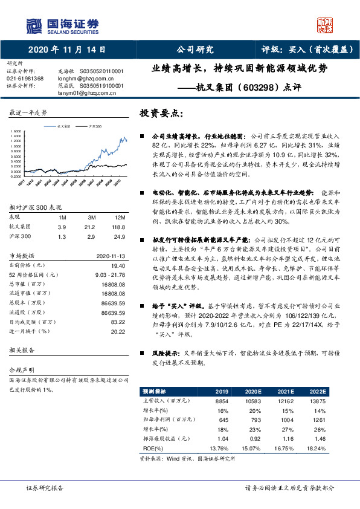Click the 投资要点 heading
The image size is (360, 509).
click(x=160, y=113)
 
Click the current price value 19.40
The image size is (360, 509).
click(x=118, y=265)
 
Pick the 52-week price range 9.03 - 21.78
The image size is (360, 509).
click(x=108, y=274)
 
